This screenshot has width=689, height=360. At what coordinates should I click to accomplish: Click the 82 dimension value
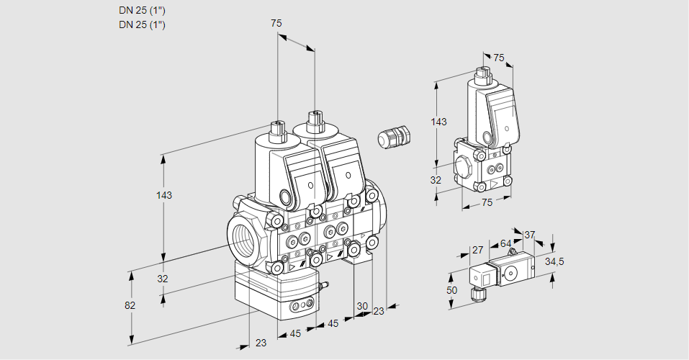pyautogui.click(x=130, y=305)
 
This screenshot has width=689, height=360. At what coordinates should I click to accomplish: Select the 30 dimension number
pyautogui.click(x=361, y=305)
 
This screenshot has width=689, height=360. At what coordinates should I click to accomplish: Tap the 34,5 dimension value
pyautogui.click(x=554, y=261)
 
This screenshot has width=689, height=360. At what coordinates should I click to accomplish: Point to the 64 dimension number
pyautogui.click(x=505, y=244)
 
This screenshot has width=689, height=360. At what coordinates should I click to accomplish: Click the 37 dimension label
pyautogui.click(x=529, y=235)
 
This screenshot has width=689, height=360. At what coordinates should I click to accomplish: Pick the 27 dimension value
pyautogui.click(x=477, y=251)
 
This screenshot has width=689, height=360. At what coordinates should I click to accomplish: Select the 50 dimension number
pyautogui.click(x=451, y=289)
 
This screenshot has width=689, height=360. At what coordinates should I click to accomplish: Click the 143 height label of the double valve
pyautogui.click(x=165, y=195)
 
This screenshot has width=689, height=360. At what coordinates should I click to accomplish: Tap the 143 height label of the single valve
pyautogui.click(x=438, y=122)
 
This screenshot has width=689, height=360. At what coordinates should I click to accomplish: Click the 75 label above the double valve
pyautogui.click(x=276, y=23)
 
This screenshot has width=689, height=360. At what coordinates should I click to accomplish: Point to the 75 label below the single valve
pyautogui.click(x=487, y=202)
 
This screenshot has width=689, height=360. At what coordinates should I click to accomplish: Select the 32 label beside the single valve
pyautogui.click(x=436, y=180)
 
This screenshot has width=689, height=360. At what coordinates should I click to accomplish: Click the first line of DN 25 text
pyautogui.click(x=143, y=11)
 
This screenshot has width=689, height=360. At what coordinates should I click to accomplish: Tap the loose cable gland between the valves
pyautogui.click(x=393, y=137)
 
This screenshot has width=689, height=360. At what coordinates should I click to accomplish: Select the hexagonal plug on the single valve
pyautogui.click(x=462, y=166)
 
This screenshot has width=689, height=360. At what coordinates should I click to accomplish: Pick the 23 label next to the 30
pyautogui.click(x=379, y=311)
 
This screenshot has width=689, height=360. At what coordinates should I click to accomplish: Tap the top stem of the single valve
pyautogui.click(x=483, y=74)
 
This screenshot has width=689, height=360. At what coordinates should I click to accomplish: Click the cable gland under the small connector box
pyautogui.click(x=474, y=292)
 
